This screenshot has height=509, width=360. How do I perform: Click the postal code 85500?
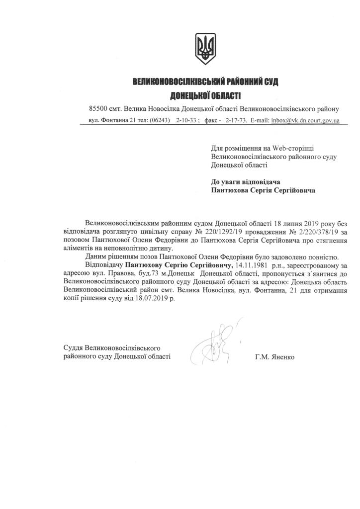[98, 108]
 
